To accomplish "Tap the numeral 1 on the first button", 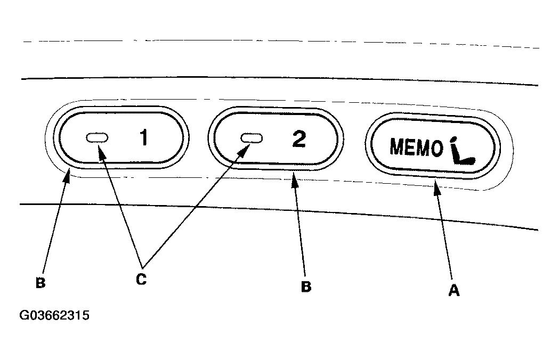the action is (143, 138).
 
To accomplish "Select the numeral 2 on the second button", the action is (299, 138).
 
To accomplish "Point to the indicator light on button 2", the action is (252, 138).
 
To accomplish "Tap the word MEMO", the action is (416, 148).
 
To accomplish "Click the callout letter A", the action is (454, 290).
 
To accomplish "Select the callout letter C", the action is (141, 279).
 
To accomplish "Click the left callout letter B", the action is (40, 283).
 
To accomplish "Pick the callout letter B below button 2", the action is (306, 286).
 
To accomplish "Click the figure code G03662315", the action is (54, 316).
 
